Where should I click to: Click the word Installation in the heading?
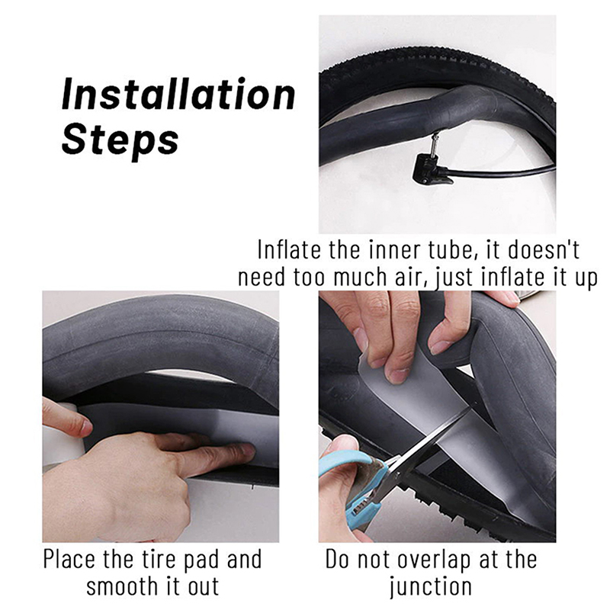pyautogui.click(x=178, y=94)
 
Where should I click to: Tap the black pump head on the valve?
pyautogui.click(x=431, y=169)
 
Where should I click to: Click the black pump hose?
pyautogui.click(x=502, y=172)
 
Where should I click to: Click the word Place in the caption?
pyautogui.click(x=69, y=560)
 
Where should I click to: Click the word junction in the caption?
pyautogui.click(x=431, y=587)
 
